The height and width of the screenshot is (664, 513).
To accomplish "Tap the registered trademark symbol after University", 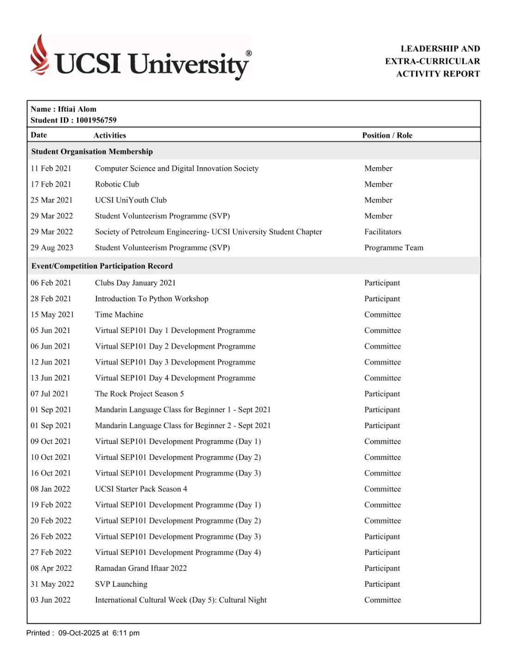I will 249,53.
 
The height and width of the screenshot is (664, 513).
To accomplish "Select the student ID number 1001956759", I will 96,120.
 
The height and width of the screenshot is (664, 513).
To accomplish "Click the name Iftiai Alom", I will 77,109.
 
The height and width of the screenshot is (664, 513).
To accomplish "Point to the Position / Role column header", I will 387,135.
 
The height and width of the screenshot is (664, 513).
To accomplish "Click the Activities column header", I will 110,135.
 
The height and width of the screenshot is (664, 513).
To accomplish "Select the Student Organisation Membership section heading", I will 92,152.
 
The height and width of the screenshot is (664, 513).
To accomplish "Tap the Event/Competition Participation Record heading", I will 102,266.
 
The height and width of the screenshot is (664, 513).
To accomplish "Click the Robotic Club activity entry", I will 117,184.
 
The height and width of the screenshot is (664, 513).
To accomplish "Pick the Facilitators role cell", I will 383,232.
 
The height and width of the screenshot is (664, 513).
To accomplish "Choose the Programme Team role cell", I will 393,248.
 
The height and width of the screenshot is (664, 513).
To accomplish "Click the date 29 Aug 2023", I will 52,248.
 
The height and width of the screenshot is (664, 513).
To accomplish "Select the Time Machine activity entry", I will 119,315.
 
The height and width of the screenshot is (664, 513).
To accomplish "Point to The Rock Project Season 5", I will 139,394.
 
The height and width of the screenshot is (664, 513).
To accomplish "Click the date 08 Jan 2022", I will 50,489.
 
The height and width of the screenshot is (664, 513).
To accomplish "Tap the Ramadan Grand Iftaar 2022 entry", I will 141,568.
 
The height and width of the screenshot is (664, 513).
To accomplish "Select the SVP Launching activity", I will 121,584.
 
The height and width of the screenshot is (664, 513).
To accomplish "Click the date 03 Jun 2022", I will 50,600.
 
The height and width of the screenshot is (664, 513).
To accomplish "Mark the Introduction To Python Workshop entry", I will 152,299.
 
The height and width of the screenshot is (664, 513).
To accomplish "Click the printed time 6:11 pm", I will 126,633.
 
